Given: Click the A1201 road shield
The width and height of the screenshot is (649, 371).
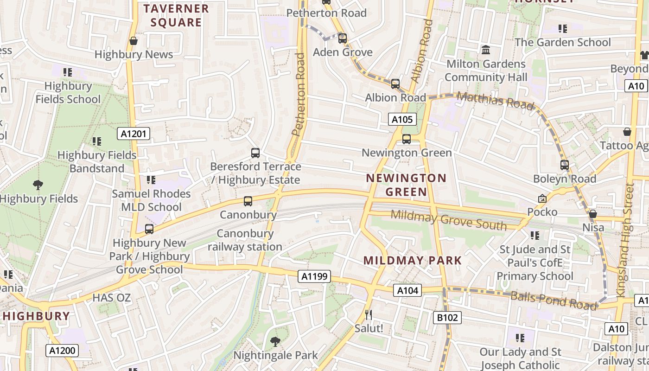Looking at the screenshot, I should (134, 134).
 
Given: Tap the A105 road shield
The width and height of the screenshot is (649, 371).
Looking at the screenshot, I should (402, 120).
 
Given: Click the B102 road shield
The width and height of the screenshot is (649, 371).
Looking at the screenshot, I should (447, 318).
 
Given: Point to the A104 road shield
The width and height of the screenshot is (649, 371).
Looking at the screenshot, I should (408, 291).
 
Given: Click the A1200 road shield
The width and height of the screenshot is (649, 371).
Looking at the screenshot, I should (62, 351).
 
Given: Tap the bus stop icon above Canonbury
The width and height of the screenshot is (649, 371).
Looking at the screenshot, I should (248, 201).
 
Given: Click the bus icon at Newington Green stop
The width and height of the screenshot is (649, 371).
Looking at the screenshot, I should (407, 139).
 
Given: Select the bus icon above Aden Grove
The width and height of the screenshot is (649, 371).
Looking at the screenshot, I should (343, 38).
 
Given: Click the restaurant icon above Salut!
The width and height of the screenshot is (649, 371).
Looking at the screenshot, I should (369, 315).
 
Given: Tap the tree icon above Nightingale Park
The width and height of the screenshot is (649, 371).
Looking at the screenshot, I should (275, 342).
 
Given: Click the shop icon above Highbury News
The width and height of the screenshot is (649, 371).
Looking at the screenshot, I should (134, 41).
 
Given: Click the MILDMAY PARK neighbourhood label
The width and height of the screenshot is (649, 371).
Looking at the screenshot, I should (413, 261).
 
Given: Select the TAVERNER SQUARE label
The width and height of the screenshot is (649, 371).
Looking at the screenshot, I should (176, 15).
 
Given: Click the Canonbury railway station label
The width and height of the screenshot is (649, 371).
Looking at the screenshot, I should (245, 240).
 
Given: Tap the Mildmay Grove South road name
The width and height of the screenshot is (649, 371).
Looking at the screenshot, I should (448, 220).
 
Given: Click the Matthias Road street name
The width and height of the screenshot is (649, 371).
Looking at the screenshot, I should (495, 101).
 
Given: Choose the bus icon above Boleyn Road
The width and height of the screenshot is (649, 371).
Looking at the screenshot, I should (564, 165).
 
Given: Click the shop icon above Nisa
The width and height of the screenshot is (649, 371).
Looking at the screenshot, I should (593, 214).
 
